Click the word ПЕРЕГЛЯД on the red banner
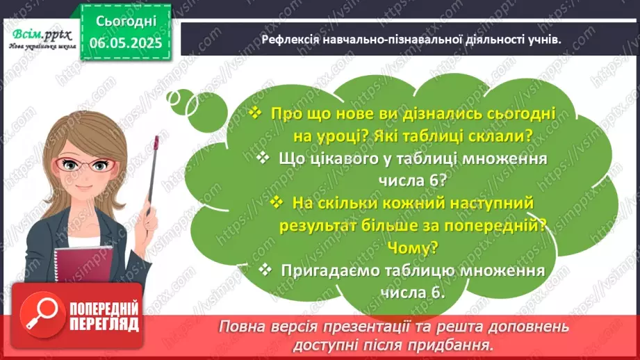(104, 324)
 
